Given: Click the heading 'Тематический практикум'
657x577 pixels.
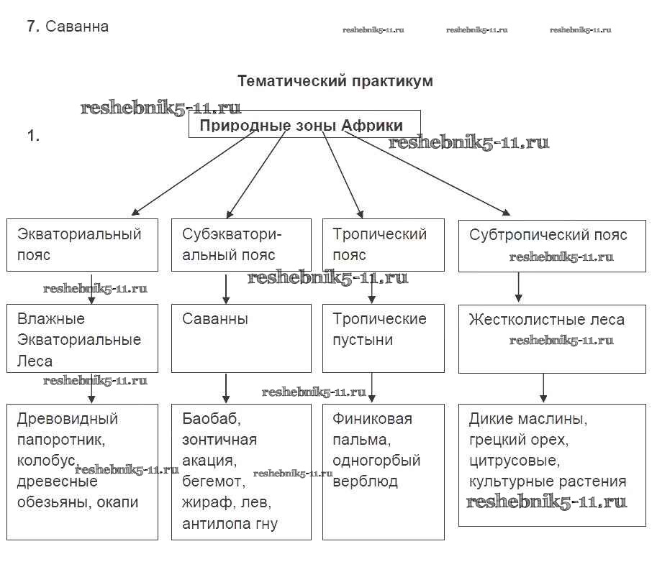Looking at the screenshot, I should tap(335, 81).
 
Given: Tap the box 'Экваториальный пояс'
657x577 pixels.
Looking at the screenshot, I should tap(83, 244).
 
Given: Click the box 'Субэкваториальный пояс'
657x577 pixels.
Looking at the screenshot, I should tap(241, 244).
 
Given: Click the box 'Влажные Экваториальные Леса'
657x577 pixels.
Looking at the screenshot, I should tap(83, 338).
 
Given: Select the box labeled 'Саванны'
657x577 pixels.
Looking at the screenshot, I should tap(241, 338).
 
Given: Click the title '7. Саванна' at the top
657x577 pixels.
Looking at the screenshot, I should tap(68, 27).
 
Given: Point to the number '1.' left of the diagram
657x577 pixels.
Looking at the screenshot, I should tap(33, 135).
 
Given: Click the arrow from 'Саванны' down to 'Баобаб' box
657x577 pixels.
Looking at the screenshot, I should tap(227, 388).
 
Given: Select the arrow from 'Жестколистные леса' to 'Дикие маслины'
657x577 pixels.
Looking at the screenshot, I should tap(543, 388).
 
